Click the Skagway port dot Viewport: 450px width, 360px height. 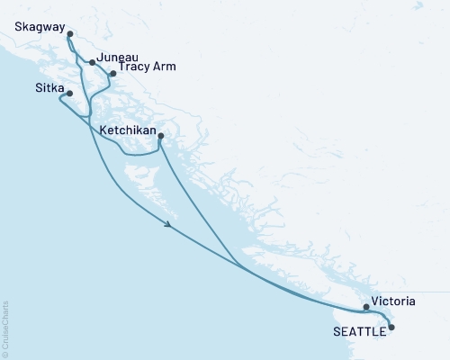(x=70, y=34)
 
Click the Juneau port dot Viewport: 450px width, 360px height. (x=92, y=62)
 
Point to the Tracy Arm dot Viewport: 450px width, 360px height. (x=112, y=74)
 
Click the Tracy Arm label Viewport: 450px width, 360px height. (x=148, y=67)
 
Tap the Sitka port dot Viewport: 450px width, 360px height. (x=69, y=93)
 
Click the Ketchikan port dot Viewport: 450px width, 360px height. (x=160, y=136)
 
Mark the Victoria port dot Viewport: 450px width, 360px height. (x=365, y=307)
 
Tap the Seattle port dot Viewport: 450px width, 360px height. (x=391, y=328)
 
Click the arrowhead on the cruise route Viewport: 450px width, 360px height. (x=169, y=226)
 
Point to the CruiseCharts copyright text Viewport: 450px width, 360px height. (x=5, y=328)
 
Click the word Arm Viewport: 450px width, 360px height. (x=165, y=67)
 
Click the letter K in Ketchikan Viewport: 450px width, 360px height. (x=103, y=130)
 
